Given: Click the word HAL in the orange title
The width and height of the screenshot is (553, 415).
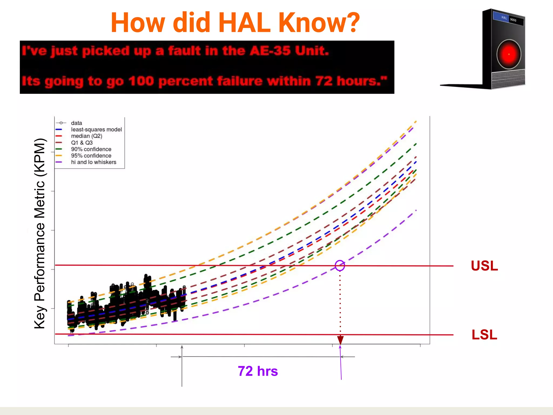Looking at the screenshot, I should click(x=244, y=23).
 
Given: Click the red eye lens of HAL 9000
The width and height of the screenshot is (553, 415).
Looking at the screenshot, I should click(x=509, y=54).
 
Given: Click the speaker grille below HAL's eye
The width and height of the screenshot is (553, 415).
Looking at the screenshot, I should click(x=508, y=78).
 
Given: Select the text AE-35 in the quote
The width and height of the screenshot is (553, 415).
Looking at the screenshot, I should click(x=270, y=51).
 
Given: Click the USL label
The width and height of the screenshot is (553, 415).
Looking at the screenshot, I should click(x=484, y=266).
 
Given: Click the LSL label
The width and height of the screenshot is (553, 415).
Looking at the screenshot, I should click(x=484, y=335).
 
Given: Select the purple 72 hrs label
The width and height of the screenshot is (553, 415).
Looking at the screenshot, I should click(x=258, y=371).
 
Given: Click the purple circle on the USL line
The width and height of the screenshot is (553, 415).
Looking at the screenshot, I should click(x=340, y=265).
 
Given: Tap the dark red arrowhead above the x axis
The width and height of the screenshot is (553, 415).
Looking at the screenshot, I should click(x=340, y=340).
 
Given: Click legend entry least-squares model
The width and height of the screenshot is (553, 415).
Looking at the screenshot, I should click(x=96, y=129).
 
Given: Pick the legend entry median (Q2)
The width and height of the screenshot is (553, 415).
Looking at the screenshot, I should click(x=86, y=136).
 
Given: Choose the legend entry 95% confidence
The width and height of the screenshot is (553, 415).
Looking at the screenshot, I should click(x=91, y=156).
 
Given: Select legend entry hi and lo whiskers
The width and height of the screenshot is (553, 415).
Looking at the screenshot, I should click(x=93, y=162).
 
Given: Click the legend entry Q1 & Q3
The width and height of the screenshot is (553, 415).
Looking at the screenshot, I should click(x=82, y=143).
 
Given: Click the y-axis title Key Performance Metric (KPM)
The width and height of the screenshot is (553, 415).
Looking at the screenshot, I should click(x=40, y=233).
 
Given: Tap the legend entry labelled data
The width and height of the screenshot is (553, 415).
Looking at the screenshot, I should click(x=76, y=123).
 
